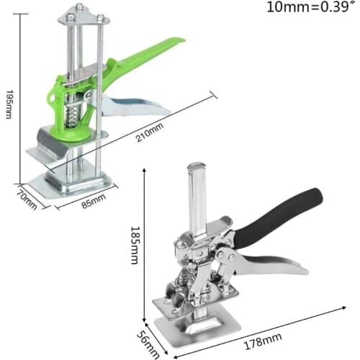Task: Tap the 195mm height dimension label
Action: tap(9, 104)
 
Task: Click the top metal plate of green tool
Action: tap(81, 13)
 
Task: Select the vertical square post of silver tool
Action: tap(196, 194)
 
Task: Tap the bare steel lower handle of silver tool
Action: tap(281, 264)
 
